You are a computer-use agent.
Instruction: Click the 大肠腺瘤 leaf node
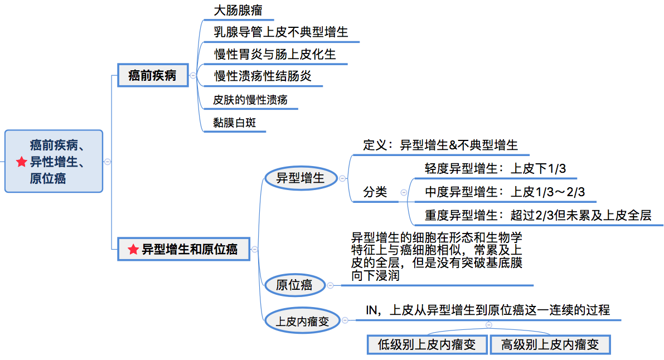[x=238, y=11]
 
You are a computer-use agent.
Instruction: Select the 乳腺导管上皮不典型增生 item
[x=281, y=32]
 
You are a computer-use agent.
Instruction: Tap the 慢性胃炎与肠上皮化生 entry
[x=275, y=54]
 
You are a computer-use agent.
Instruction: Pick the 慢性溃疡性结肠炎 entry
[x=263, y=76]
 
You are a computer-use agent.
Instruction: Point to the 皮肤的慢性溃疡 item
[x=250, y=100]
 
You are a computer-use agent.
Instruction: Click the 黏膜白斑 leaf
[x=234, y=123]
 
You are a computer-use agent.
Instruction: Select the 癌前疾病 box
[x=152, y=76]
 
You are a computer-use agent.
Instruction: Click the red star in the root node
[x=22, y=162]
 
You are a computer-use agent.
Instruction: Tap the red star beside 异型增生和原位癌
[x=133, y=249]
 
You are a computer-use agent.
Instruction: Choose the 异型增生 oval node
[x=301, y=178]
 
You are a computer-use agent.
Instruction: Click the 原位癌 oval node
[x=294, y=285]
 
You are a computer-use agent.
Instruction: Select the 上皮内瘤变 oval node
[x=302, y=320]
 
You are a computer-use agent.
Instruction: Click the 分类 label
[x=375, y=192]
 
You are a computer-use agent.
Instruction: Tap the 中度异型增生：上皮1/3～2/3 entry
[x=505, y=192]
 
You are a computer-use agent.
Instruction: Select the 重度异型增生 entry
[x=537, y=215]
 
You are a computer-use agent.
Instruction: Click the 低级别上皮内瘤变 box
[x=427, y=344]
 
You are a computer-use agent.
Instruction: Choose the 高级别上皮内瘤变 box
[x=550, y=344]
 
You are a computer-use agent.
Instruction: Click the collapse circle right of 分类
[x=404, y=192]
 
